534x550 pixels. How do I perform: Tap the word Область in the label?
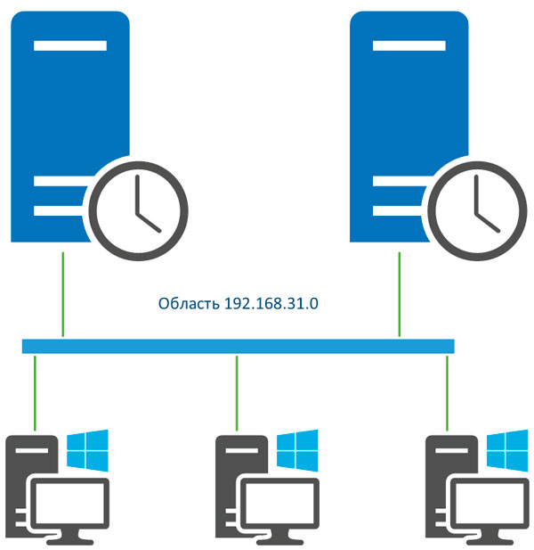tap(186, 304)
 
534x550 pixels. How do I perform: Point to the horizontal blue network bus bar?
tap(238, 346)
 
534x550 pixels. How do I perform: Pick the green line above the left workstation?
tap(34, 392)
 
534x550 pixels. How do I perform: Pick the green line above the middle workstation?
tap(236, 392)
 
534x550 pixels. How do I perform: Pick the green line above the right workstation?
tap(447, 392)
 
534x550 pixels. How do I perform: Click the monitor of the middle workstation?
tap(279, 505)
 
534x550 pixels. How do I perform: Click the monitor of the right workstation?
tap(490, 505)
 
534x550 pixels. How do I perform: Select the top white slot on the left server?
tap(70, 45)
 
